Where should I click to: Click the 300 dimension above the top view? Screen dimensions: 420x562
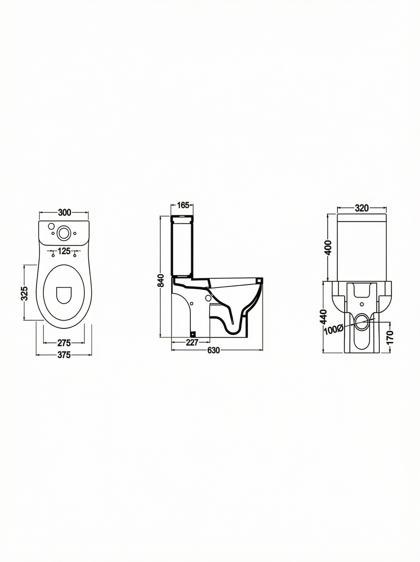pos(64,212)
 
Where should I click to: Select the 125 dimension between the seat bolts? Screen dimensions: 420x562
pos(64,251)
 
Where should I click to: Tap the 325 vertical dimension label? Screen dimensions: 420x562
pos(24,293)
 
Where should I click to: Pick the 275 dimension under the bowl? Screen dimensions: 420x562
pos(64,343)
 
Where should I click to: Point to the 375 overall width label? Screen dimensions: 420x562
pos(64,355)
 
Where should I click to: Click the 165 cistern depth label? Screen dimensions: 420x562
pos(183,205)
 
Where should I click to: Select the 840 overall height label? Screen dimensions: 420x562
pos(160,280)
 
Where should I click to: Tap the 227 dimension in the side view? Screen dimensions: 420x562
pos(192,342)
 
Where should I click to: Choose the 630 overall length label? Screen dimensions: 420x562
pos(213,350)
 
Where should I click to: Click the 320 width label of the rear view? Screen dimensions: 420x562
pos(362,208)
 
